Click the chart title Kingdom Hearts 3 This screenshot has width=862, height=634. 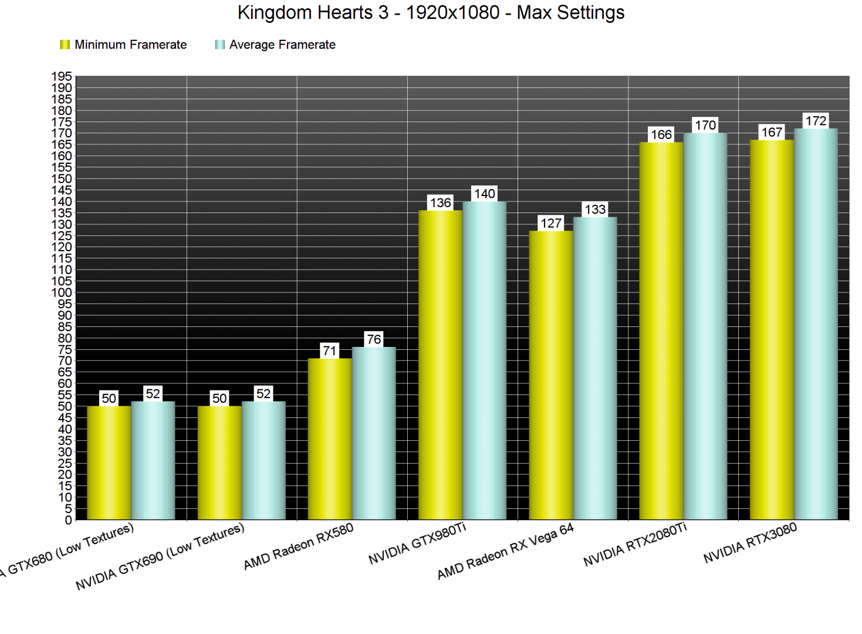(431, 12)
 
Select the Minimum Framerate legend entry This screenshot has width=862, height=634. (124, 45)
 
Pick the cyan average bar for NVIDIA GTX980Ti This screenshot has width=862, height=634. (484, 360)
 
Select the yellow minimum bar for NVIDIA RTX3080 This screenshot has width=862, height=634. (772, 329)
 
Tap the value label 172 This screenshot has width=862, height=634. (816, 121)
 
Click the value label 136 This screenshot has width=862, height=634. (441, 203)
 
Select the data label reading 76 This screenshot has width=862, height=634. (374, 339)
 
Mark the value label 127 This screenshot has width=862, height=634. (551, 224)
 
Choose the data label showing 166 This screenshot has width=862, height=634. (661, 134)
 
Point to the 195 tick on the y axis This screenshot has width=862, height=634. (62, 76)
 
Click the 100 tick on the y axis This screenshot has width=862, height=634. (62, 292)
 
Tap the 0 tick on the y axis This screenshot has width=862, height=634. (68, 520)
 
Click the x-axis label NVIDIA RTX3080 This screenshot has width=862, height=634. (750, 543)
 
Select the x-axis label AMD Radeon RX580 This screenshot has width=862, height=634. (298, 547)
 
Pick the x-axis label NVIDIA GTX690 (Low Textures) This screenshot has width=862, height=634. (160, 557)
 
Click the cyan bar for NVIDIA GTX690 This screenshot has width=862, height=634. (263, 460)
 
